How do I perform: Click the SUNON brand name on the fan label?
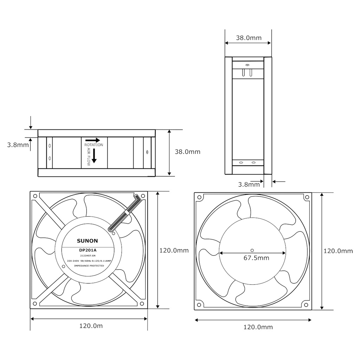coord(87,241)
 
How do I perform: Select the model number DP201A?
coord(88,250)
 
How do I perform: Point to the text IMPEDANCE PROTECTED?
coord(89,266)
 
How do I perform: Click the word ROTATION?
coord(94,145)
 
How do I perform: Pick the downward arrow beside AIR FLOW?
coord(94,157)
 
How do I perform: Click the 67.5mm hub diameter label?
coord(256,258)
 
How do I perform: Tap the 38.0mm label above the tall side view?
coord(249,38)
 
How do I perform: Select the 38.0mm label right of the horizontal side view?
coord(187,152)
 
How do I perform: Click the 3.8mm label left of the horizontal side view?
coord(18,144)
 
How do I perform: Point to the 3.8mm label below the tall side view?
coord(249,184)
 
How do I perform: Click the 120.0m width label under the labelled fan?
coord(91,326)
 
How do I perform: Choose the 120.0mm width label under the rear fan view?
coord(258,327)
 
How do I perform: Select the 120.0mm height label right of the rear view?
coord(338,251)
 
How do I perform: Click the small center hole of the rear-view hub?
coord(252,246)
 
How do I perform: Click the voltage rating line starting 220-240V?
coord(89,261)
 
